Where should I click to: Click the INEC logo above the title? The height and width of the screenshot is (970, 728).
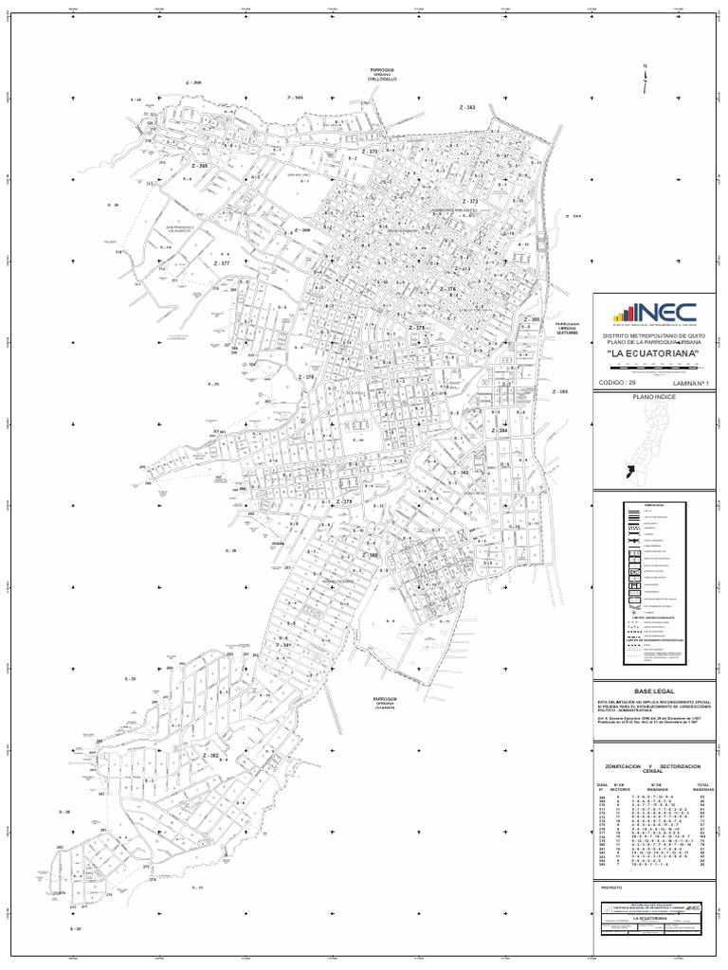653,312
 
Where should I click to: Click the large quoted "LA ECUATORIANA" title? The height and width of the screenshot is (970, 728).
652,353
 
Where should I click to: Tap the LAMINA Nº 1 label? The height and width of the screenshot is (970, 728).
689,382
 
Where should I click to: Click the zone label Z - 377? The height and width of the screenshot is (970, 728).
220,263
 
